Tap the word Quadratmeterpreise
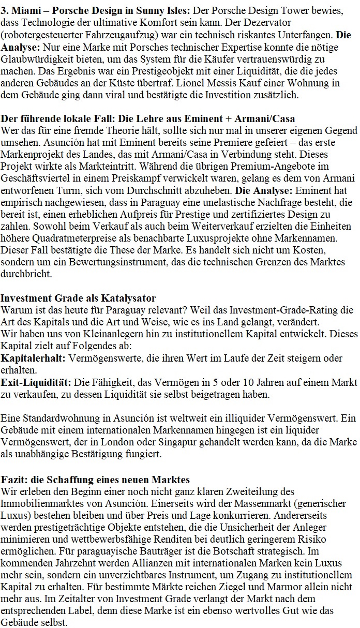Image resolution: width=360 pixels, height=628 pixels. [66, 238]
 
